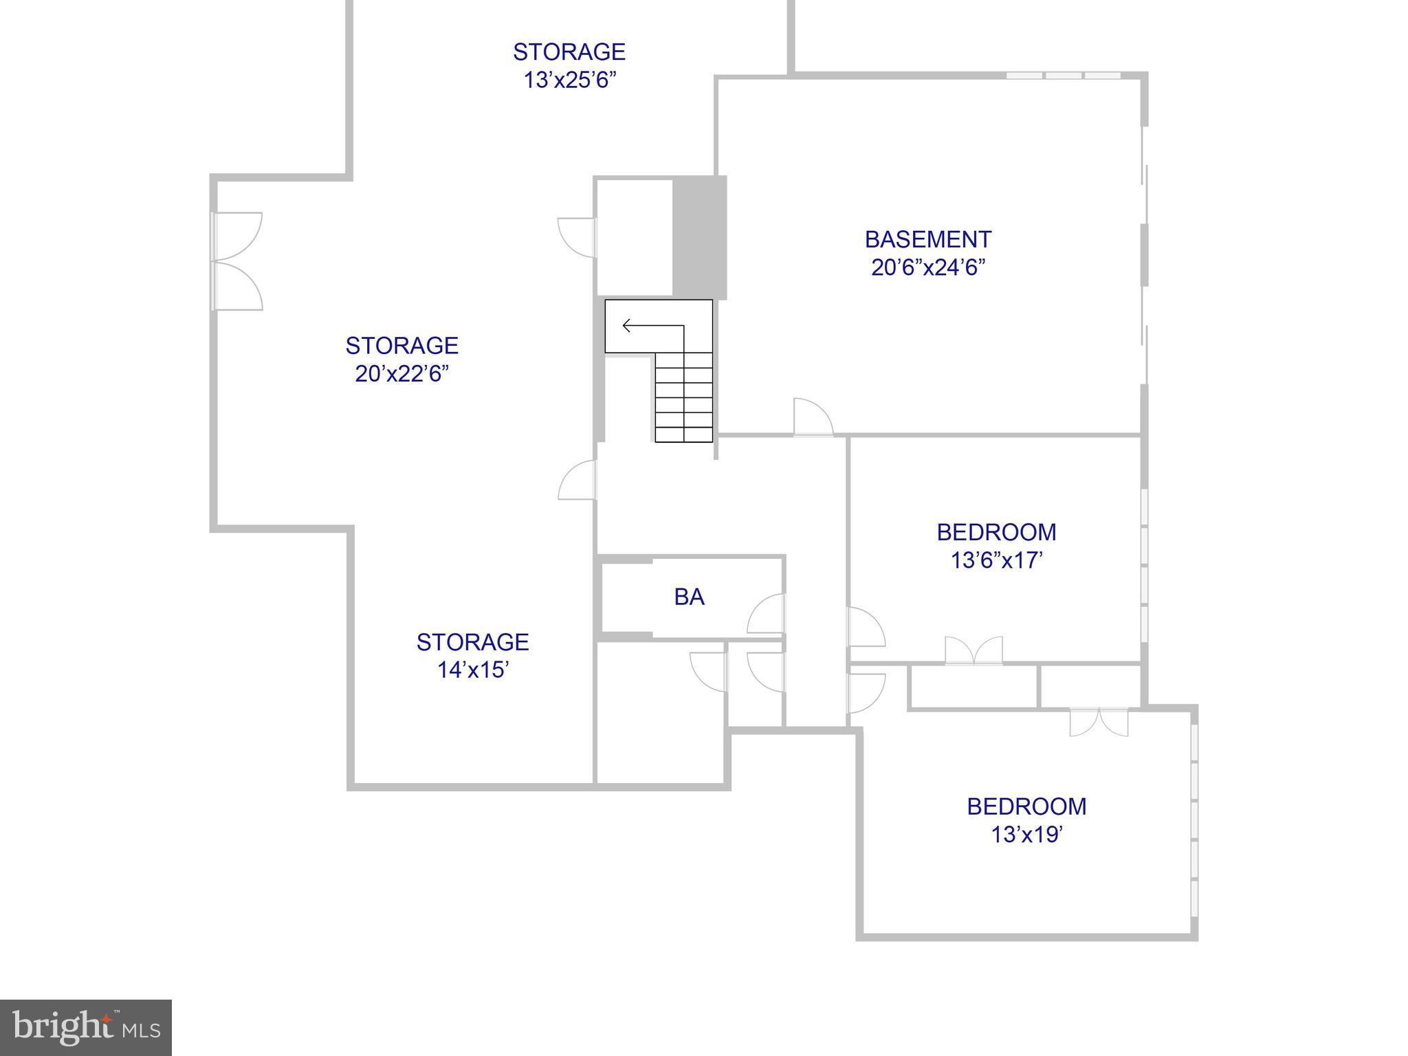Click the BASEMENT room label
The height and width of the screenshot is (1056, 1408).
point(927,239)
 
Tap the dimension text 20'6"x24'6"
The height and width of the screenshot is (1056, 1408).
point(927,267)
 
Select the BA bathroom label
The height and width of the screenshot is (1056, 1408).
point(689,597)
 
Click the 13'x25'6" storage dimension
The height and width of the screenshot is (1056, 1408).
point(569,80)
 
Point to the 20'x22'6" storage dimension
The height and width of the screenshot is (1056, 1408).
point(401,374)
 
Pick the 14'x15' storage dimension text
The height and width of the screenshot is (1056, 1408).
point(472,670)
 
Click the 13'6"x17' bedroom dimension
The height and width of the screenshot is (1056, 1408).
point(996,561)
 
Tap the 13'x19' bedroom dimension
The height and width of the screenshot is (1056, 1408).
point(1026,835)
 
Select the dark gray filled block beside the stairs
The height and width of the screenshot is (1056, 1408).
point(699,236)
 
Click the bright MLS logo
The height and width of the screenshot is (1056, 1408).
point(86,1028)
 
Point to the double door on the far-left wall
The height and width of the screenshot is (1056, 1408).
point(237,261)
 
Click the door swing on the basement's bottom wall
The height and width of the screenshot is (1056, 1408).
point(813,417)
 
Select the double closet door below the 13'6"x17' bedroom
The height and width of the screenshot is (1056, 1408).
point(973,651)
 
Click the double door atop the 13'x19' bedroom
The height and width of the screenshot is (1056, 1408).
point(1099,722)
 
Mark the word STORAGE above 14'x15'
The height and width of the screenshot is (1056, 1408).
point(472,641)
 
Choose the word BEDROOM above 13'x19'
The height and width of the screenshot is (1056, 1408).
point(1026,806)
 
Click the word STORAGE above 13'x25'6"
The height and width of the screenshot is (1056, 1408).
point(569,52)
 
